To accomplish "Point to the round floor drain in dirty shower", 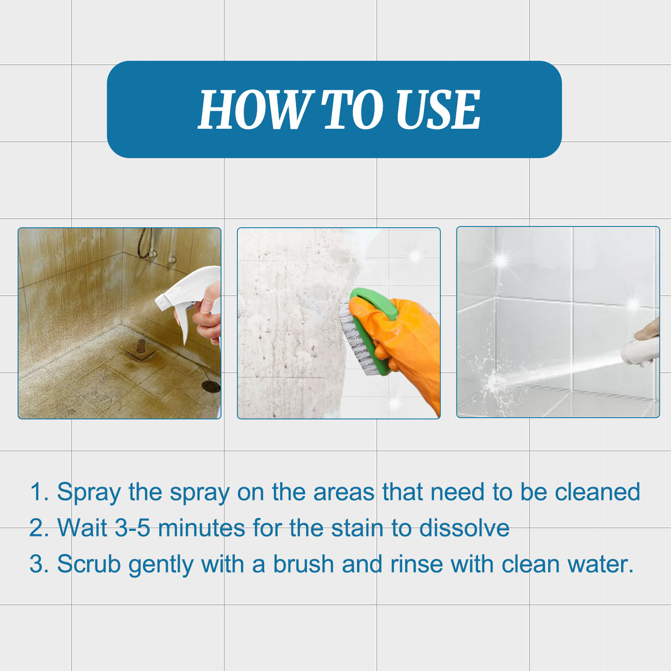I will (211, 386).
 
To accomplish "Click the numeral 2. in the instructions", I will (39, 528).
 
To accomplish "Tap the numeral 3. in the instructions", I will (39, 564).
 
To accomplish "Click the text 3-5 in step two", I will (132, 528).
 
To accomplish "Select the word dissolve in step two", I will (464, 528).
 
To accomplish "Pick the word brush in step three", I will (303, 564).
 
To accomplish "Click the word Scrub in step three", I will (88, 564).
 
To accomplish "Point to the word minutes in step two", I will (201, 528).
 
